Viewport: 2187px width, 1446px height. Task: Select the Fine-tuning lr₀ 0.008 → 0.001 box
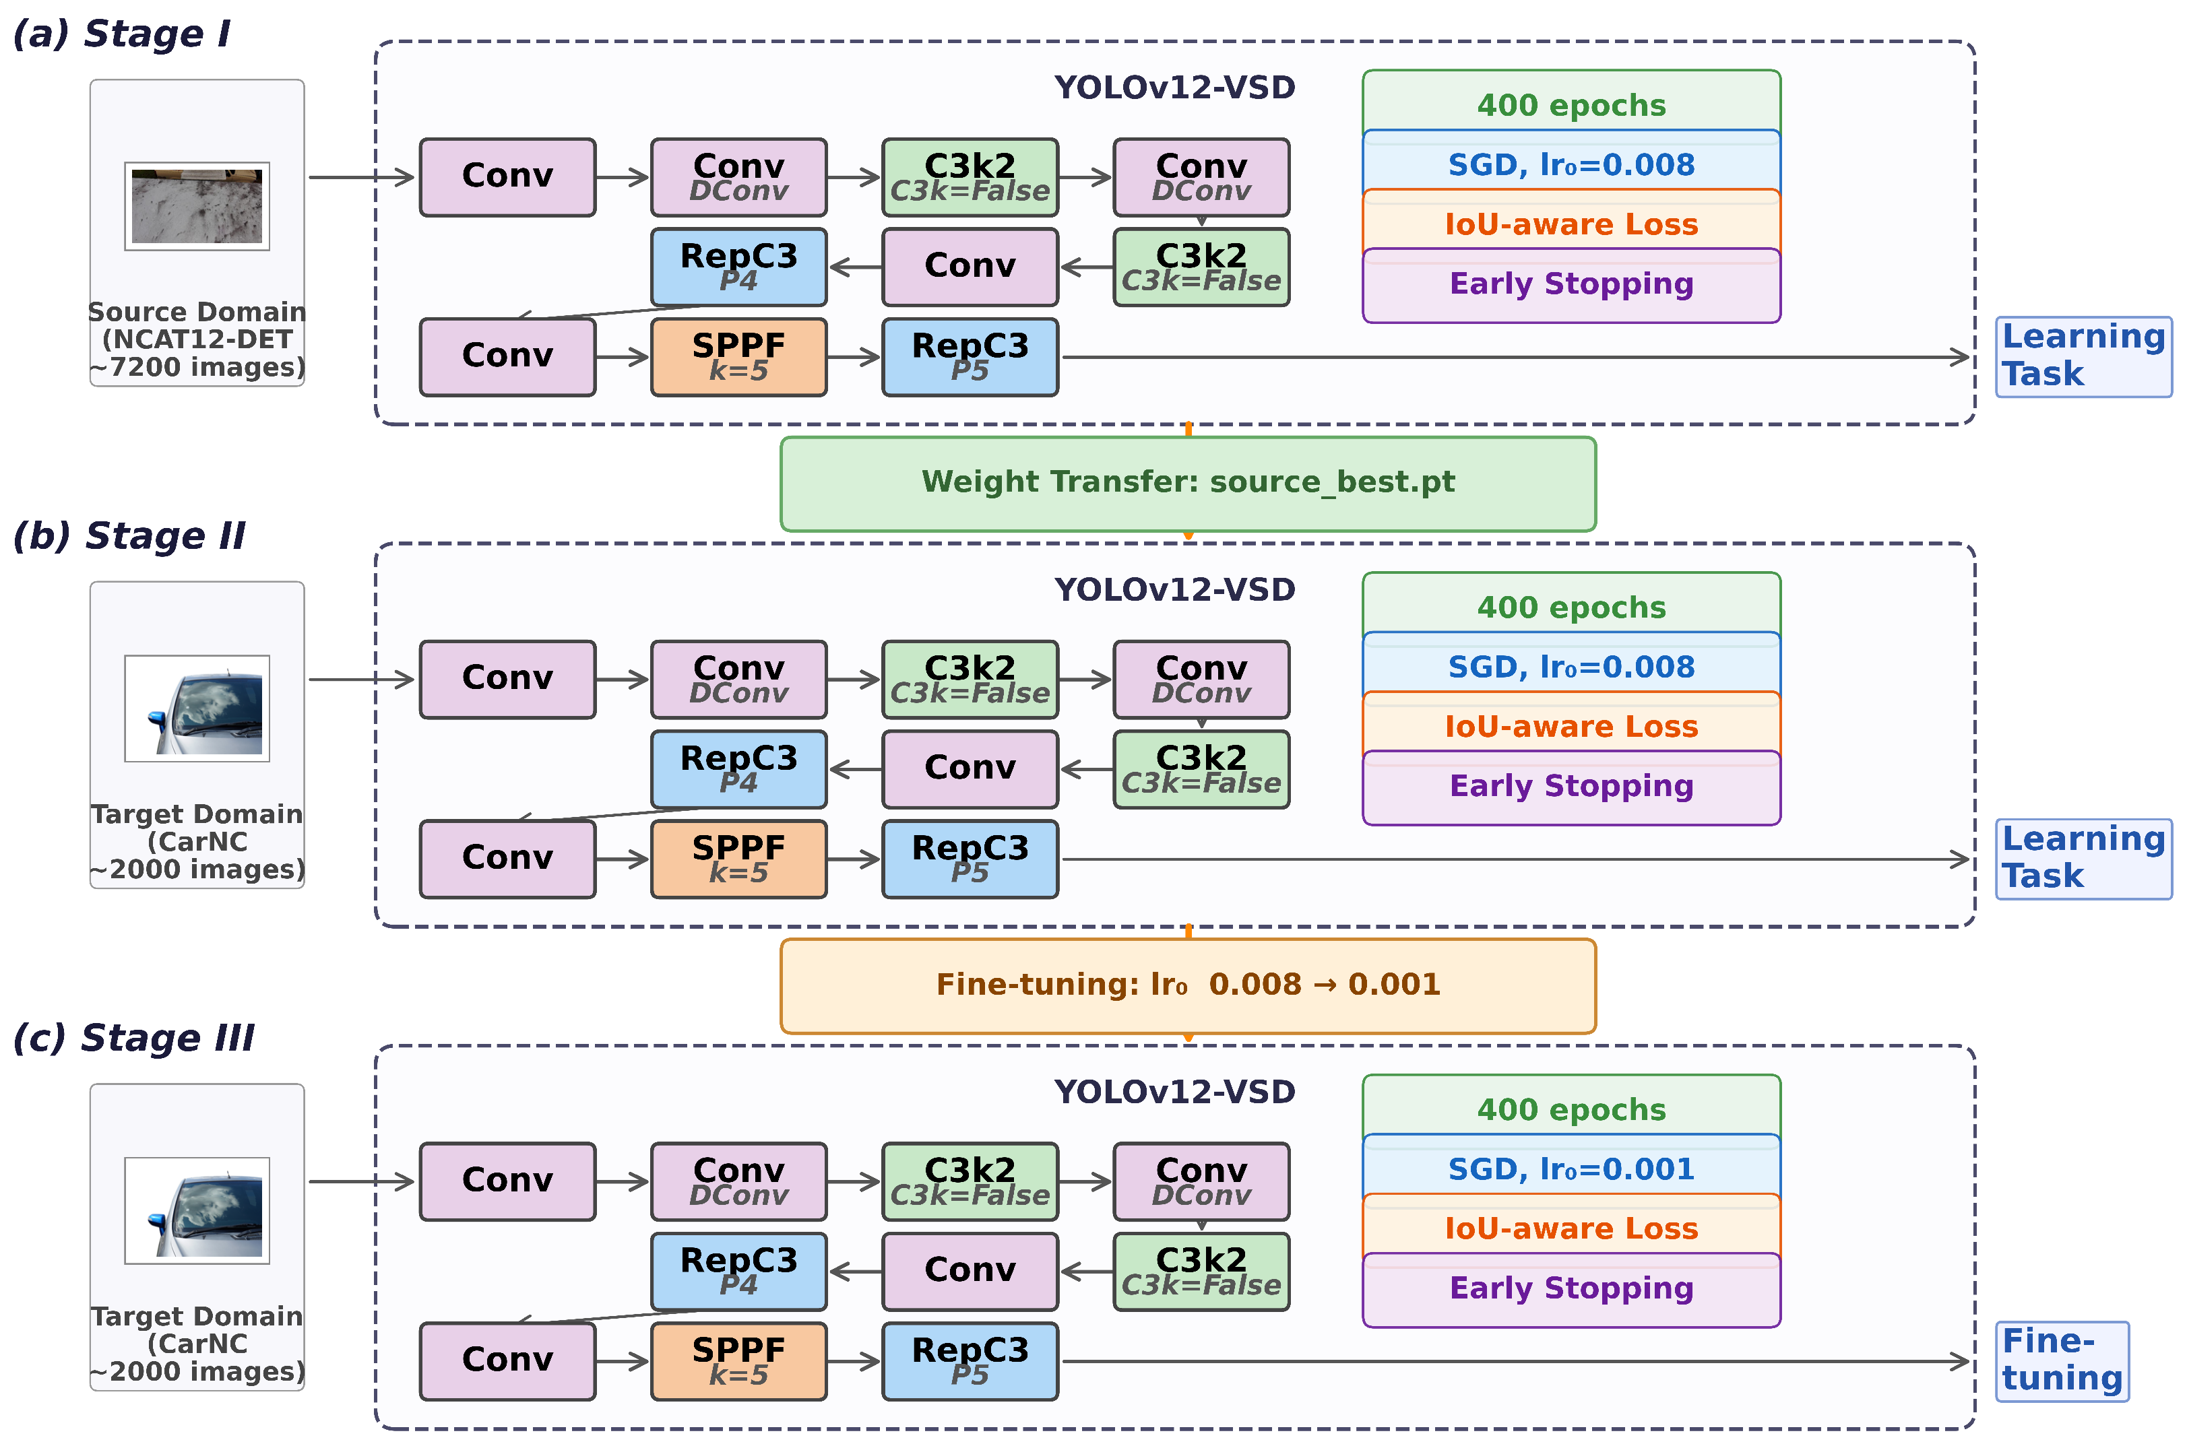(x=1187, y=986)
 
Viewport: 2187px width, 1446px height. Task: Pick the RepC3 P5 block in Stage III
(x=970, y=1361)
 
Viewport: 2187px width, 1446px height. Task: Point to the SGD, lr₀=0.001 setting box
(x=1571, y=1169)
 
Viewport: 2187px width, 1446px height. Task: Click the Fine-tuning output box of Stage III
(x=2062, y=1361)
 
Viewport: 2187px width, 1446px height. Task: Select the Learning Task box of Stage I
(x=2084, y=357)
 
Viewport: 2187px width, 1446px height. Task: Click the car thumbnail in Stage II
(x=197, y=709)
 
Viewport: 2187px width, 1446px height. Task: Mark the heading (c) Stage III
(x=134, y=1039)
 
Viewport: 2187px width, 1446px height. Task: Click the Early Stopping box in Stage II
(x=1571, y=787)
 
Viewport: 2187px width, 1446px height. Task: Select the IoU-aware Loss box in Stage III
(x=1571, y=1228)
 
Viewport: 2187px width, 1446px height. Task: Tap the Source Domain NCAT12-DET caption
(x=197, y=339)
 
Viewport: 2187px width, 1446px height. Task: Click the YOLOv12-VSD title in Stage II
(x=1174, y=590)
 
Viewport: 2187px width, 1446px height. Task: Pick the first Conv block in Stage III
(x=507, y=1181)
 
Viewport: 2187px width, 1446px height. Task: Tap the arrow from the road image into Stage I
(x=362, y=177)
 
